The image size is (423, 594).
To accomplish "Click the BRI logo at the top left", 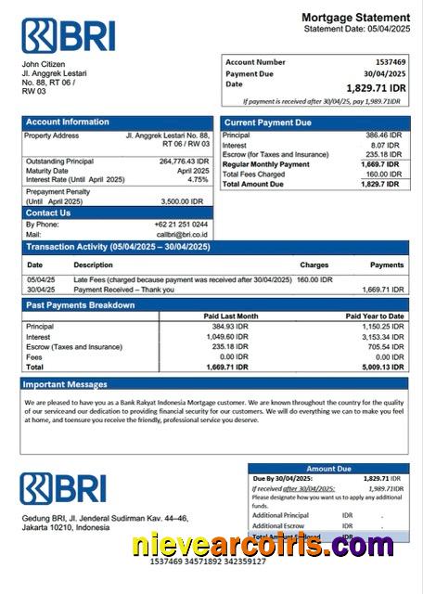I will click(68, 35).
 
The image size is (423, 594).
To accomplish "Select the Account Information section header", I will click(67, 123).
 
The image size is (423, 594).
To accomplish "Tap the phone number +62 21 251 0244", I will click(181, 225).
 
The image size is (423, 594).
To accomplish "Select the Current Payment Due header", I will click(265, 123).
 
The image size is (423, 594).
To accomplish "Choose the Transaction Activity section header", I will click(117, 247).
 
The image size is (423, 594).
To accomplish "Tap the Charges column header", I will click(314, 265).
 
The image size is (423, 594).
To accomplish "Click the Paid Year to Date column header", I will click(375, 316).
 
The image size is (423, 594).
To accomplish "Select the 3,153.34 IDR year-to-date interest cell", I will click(380, 337).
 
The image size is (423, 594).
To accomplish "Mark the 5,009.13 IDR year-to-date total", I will click(380, 368).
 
